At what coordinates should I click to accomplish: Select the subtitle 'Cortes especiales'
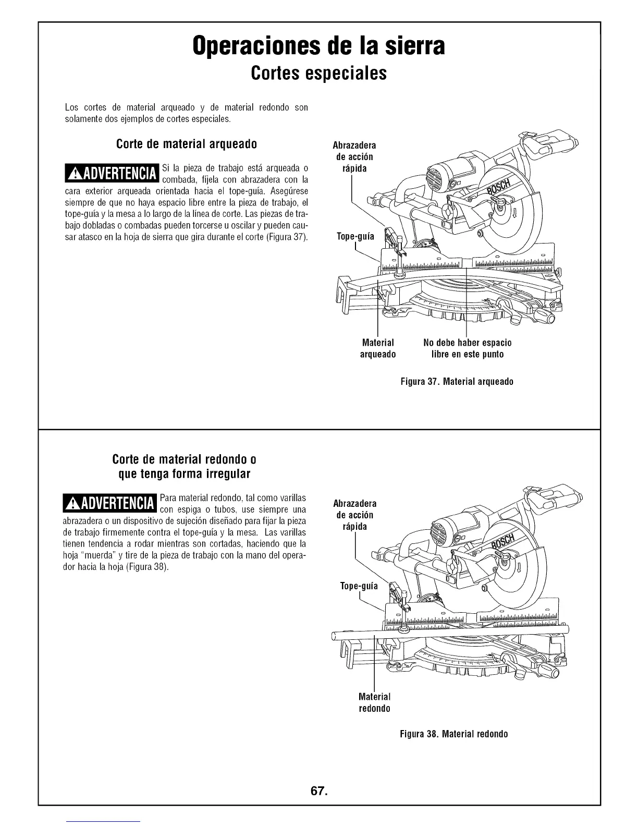coord(318,73)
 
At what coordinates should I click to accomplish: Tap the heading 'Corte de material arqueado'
coord(186,144)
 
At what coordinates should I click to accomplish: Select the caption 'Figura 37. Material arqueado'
coord(457,382)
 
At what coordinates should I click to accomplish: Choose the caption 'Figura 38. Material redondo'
coord(453,734)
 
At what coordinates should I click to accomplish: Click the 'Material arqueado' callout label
coord(378,348)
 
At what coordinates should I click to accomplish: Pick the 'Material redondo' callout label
coord(374,702)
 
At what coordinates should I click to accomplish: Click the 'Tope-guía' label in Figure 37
coord(355,237)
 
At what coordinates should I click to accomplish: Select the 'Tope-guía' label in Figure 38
coord(359,586)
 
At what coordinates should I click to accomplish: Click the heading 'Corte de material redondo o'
coord(184,460)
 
